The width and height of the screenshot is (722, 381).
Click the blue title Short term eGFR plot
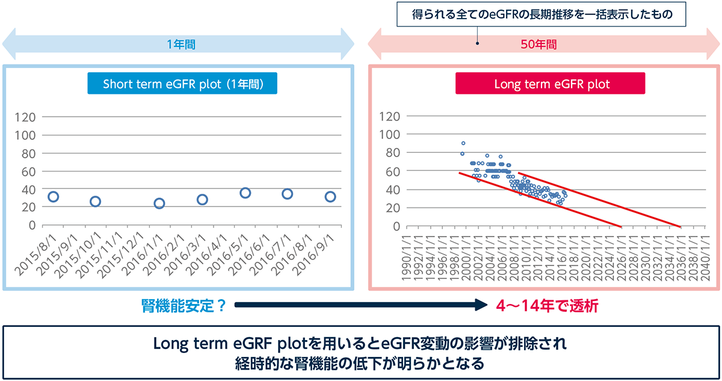pos(182,84)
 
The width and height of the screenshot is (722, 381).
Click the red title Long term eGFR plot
pos(551,84)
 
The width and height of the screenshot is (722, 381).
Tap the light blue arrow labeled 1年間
pos(180,45)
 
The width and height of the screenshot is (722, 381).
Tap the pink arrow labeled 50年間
pos(545,45)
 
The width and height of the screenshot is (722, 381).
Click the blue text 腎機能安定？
pos(184,306)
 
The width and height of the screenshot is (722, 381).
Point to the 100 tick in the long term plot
pos(390,135)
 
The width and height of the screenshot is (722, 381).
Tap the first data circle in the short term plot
pos(53,197)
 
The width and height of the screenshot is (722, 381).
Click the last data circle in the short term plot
pos(330,197)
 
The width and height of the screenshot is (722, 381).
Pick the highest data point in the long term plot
pos(463,143)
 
